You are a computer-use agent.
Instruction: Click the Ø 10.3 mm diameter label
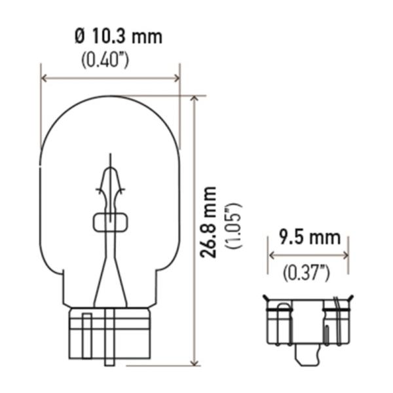(x=119, y=37)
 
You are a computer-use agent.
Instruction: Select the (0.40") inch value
(x=105, y=60)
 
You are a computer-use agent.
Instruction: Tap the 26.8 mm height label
(x=208, y=222)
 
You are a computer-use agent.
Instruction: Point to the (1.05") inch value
(x=234, y=225)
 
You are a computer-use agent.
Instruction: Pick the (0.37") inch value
(x=306, y=273)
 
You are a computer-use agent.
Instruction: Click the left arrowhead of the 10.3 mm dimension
(x=44, y=78)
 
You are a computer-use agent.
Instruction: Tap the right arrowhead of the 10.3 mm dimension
(x=177, y=78)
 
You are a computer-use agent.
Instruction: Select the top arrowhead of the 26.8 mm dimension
(x=195, y=98)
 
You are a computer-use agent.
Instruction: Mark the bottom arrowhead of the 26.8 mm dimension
(x=195, y=363)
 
